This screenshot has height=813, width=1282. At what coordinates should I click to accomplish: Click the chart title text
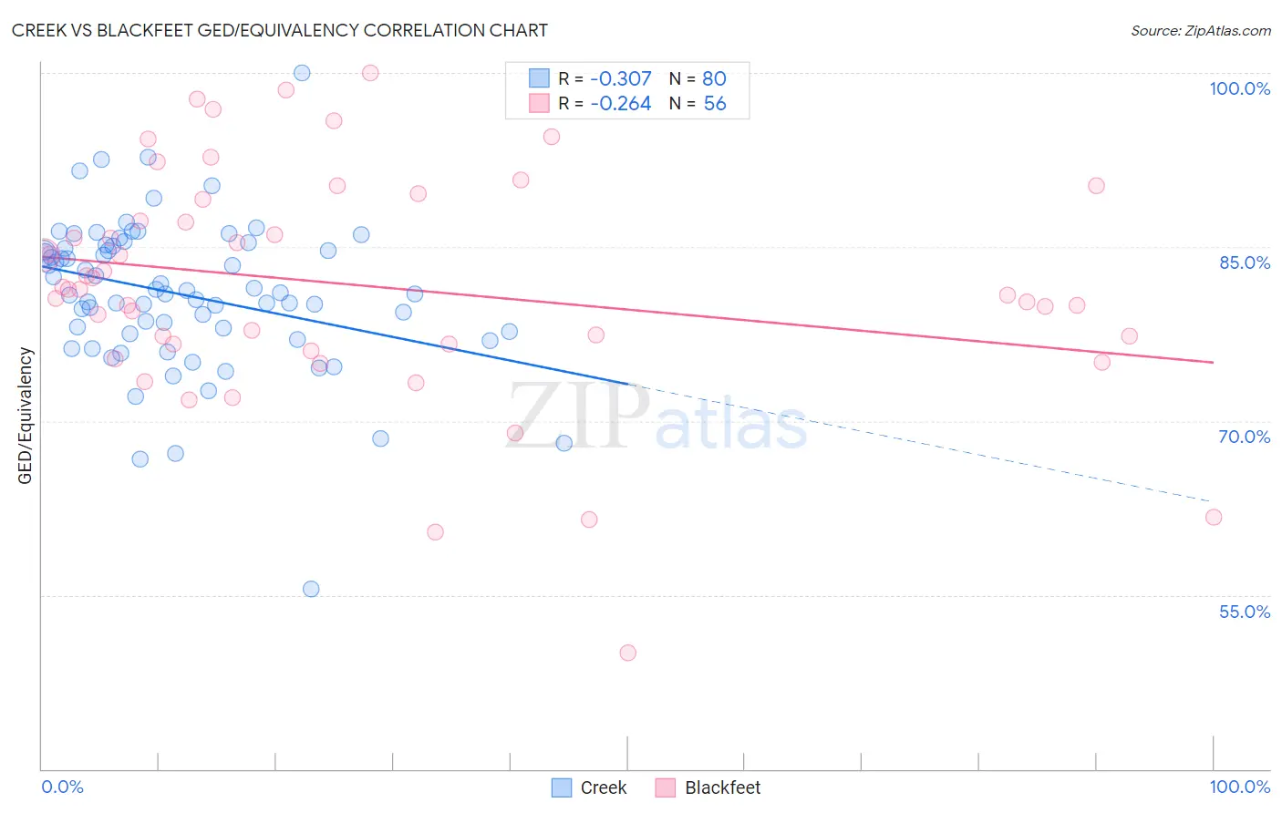pos(280,30)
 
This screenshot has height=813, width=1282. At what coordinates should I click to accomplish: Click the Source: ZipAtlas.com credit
pos(1200,30)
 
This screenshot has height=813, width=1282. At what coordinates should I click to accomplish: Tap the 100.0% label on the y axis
pos(1239,88)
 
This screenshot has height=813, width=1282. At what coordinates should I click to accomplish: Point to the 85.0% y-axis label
pos(1244,262)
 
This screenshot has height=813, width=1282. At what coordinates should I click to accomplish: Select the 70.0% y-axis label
pos(1244,437)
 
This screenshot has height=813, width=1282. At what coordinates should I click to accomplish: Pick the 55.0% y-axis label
pos(1244,612)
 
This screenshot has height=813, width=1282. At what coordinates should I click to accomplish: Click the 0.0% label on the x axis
pos(62,787)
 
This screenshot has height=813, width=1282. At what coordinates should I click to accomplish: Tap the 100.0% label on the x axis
pos(1239,787)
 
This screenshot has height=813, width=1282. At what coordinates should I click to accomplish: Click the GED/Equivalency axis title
pos(26,416)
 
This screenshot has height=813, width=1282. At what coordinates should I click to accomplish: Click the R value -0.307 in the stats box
pos(620,79)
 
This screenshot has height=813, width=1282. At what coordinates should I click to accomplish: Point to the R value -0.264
pos(620,104)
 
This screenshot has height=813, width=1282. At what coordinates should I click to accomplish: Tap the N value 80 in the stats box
pos(714,79)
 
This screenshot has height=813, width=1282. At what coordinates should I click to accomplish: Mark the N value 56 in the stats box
pos(715,104)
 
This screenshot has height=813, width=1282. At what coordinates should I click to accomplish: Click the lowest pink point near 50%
pos(627,653)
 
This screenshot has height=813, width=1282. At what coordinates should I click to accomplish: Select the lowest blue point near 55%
pos(311,589)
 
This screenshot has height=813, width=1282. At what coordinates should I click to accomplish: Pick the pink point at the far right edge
pos(1213,517)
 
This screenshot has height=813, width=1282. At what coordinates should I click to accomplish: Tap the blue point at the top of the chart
pos(302,73)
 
